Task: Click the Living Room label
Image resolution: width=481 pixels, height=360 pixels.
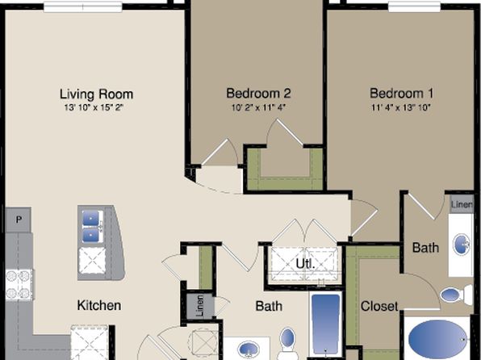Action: click(96, 94)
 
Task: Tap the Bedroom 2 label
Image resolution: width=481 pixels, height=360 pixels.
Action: click(258, 94)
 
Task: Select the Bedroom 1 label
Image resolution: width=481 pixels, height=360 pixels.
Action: click(402, 94)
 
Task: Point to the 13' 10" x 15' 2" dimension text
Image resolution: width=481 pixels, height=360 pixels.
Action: click(94, 107)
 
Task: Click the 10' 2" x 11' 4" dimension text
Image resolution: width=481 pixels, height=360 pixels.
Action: click(258, 107)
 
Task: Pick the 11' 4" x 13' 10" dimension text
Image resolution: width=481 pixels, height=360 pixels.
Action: click(401, 107)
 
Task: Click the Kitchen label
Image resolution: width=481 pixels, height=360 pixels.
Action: click(99, 305)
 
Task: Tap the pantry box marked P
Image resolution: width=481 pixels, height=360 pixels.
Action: click(19, 220)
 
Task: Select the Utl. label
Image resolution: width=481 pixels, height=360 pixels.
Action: click(305, 263)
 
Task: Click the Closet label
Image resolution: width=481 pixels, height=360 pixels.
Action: click(379, 306)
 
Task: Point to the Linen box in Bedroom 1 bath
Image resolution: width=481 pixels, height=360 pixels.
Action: click(462, 204)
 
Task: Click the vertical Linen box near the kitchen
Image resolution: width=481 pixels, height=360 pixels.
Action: click(200, 306)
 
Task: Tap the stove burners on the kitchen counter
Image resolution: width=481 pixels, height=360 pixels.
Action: click(19, 284)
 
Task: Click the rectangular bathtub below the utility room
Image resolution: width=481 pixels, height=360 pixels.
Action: click(326, 324)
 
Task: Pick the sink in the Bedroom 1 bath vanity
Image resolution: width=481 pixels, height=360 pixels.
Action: click(462, 245)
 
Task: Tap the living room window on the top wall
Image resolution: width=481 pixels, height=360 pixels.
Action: click(83, 6)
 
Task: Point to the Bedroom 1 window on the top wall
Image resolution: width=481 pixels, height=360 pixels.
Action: click(416, 6)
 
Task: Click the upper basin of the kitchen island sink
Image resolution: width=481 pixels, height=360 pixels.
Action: click(91, 219)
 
